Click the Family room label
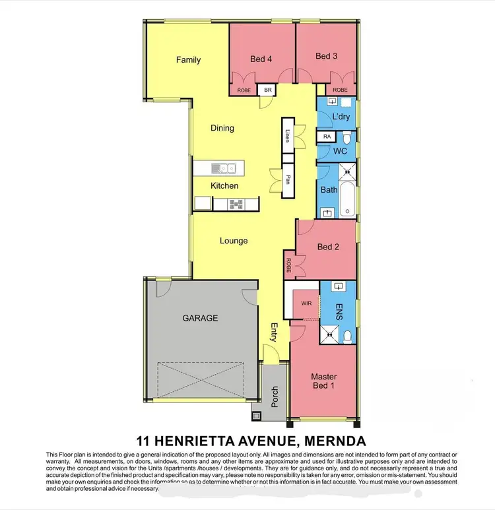(188, 60)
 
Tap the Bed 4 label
(261, 59)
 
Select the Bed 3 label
(327, 56)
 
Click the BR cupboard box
(268, 90)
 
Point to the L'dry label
(341, 117)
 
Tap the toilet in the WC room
(347, 139)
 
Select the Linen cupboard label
(288, 136)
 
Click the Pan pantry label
(288, 179)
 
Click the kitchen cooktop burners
(236, 205)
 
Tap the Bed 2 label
(328, 247)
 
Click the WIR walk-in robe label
(306, 305)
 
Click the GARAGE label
(199, 317)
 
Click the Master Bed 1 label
(324, 383)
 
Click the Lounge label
(234, 241)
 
